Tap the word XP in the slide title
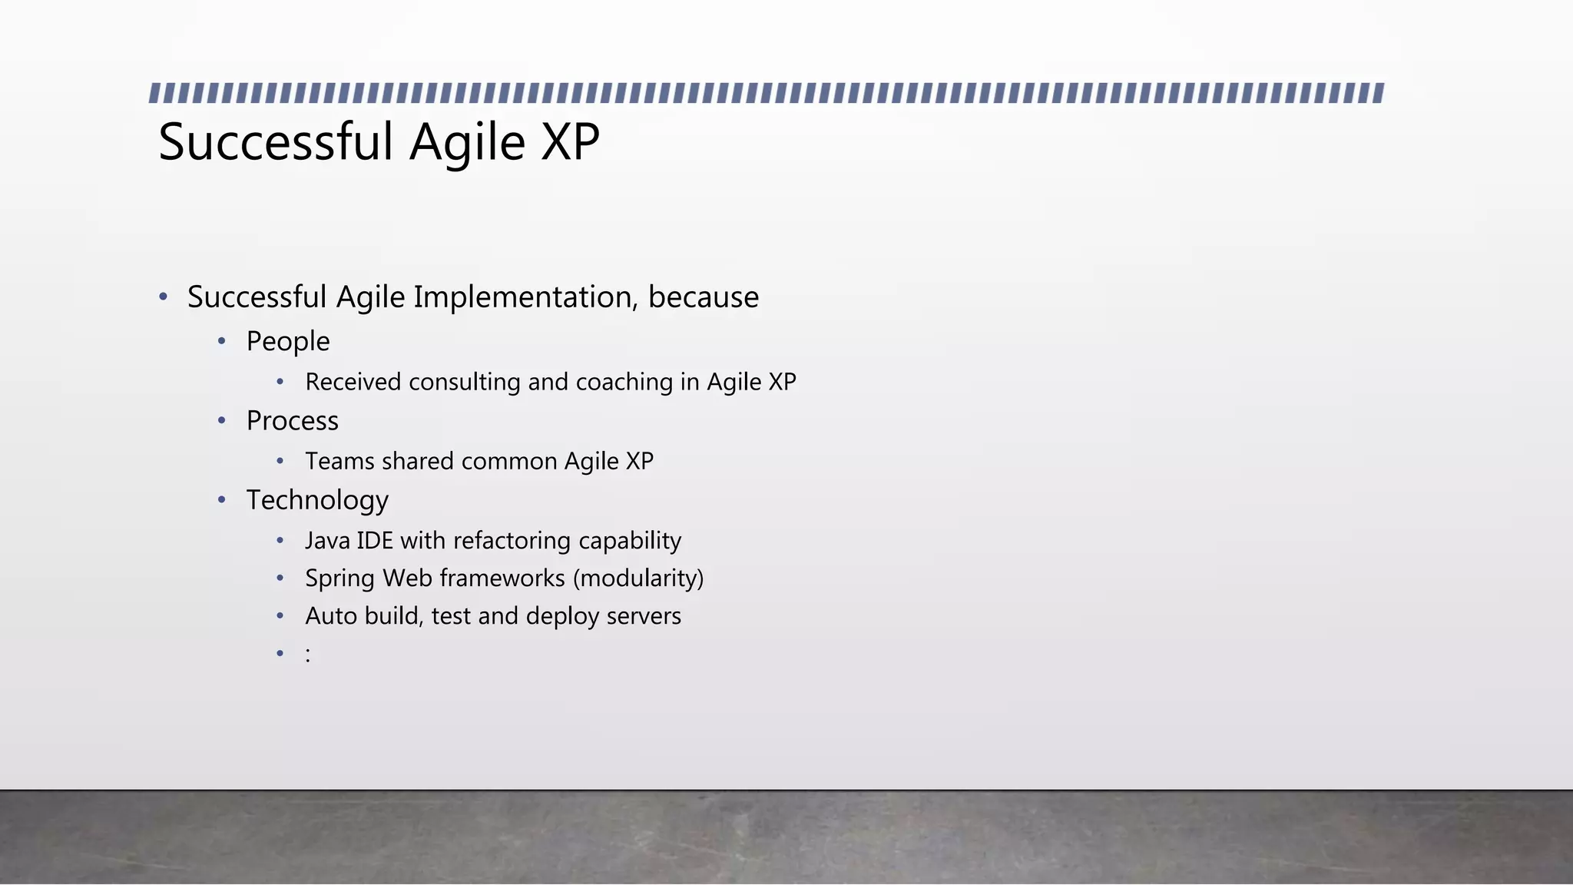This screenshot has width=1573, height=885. tap(570, 142)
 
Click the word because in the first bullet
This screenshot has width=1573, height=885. tap(703, 297)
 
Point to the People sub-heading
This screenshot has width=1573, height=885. tap(288, 341)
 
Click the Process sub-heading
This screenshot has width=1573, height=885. tap(292, 421)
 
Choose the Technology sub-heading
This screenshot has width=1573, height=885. tap(317, 500)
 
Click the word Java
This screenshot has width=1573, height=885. tap(327, 541)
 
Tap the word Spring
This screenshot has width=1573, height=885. tap(339, 578)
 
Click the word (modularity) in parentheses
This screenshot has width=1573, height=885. tap(637, 578)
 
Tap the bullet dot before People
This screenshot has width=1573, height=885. tap(221, 341)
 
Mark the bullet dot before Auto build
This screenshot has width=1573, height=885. tap(280, 616)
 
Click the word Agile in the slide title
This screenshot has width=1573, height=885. tap(467, 142)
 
